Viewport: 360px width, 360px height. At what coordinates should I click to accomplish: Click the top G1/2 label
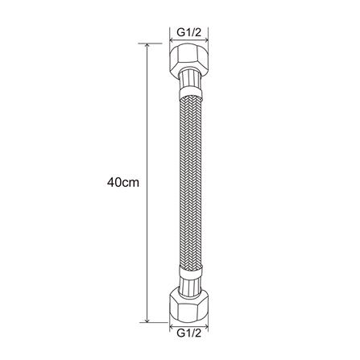point(189,33)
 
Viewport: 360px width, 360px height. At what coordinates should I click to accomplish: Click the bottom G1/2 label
point(189,333)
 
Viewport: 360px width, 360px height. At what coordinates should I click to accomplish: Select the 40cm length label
point(123,183)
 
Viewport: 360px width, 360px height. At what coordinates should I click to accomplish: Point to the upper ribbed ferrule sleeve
point(189,78)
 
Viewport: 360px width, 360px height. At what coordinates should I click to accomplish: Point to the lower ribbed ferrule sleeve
point(189,285)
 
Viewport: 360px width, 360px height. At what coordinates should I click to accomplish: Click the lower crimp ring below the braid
point(190,271)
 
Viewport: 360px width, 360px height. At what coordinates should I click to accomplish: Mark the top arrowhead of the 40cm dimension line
point(147,46)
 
